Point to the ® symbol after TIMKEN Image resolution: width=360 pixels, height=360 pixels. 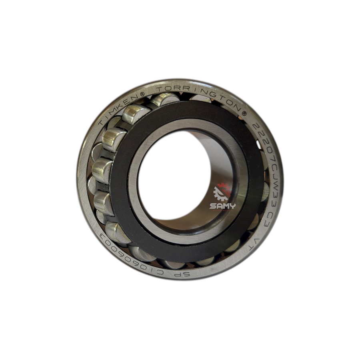(142, 94)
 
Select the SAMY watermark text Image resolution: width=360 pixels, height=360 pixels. (222, 206)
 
